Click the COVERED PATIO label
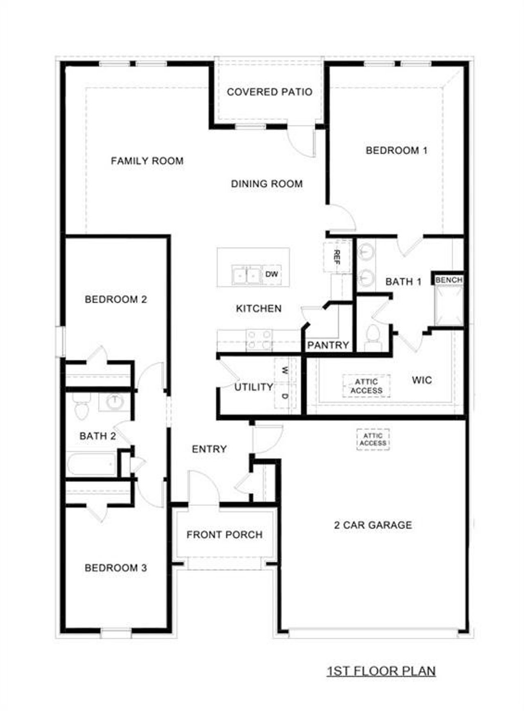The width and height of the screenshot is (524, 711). point(269,92)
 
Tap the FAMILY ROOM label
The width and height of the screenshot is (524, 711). point(147,161)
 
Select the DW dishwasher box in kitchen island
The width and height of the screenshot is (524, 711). point(271,274)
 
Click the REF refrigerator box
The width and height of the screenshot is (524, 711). point(337,257)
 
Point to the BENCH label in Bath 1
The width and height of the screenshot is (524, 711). point(449,280)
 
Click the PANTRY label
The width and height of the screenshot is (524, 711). point(328,345)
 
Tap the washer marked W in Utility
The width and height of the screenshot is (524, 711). point(285,371)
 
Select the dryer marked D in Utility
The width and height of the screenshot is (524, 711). point(285,396)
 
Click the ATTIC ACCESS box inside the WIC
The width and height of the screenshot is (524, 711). point(366,386)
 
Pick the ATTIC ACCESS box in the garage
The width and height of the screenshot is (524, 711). point(373,439)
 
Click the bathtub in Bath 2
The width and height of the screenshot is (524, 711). point(92,464)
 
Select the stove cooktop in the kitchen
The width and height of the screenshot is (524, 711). point(259,340)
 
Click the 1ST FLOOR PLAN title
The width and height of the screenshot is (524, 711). point(381,671)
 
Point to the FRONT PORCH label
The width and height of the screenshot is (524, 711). point(224,535)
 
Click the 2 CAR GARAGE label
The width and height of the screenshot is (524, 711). point(373,525)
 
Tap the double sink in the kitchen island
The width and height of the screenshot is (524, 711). point(246,275)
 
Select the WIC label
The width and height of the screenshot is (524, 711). point(422,380)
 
